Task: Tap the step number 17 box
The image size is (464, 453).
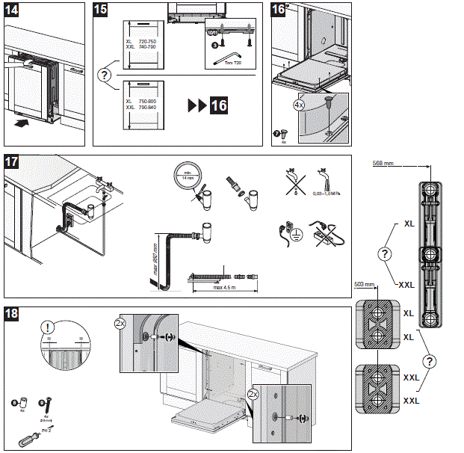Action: [x=14, y=161]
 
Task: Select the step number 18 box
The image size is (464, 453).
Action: [x=14, y=315]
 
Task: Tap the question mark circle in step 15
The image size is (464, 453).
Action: [x=105, y=74]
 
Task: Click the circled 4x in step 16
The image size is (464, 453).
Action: [x=300, y=106]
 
